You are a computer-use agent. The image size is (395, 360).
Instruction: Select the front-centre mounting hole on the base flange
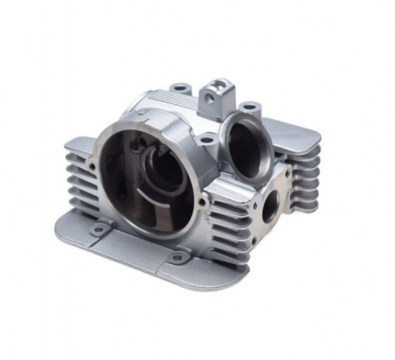click(175, 258)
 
